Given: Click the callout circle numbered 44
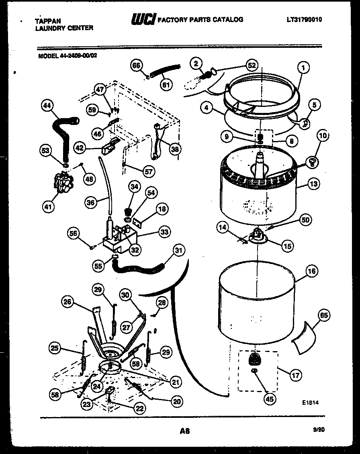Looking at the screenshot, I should [48, 106].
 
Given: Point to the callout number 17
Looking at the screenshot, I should [296, 376].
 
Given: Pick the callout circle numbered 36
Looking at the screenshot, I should [91, 203].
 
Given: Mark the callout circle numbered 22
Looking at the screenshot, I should [139, 408].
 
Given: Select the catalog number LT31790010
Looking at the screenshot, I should [304, 19].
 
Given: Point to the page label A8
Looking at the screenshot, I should [184, 431].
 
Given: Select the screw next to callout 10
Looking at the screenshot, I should [311, 162].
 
